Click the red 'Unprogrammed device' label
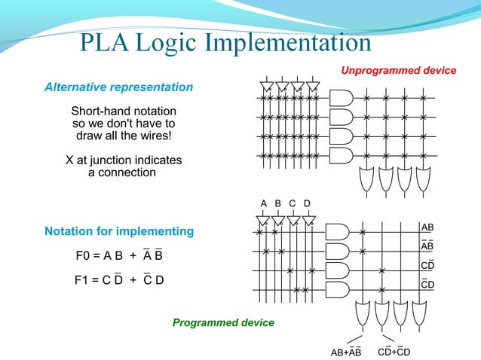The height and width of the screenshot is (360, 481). click(399, 71)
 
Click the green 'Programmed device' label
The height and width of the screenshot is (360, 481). click(223, 323)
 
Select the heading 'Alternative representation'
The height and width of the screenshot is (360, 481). click(118, 87)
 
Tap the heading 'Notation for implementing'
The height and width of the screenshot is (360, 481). click(119, 231)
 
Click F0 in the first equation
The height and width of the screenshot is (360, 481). click(85, 256)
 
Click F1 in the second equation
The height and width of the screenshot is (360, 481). click(84, 281)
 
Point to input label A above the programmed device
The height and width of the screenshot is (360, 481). click(264, 203)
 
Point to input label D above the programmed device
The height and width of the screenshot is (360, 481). click(307, 203)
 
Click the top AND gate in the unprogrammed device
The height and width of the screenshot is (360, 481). click(342, 99)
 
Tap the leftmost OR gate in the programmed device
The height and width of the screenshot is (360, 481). click(367, 311)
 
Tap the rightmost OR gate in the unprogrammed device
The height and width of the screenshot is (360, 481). click(424, 178)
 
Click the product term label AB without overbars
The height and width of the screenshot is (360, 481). click(427, 227)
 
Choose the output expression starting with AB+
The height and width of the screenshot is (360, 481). click(347, 352)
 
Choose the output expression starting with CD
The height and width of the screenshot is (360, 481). click(394, 352)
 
